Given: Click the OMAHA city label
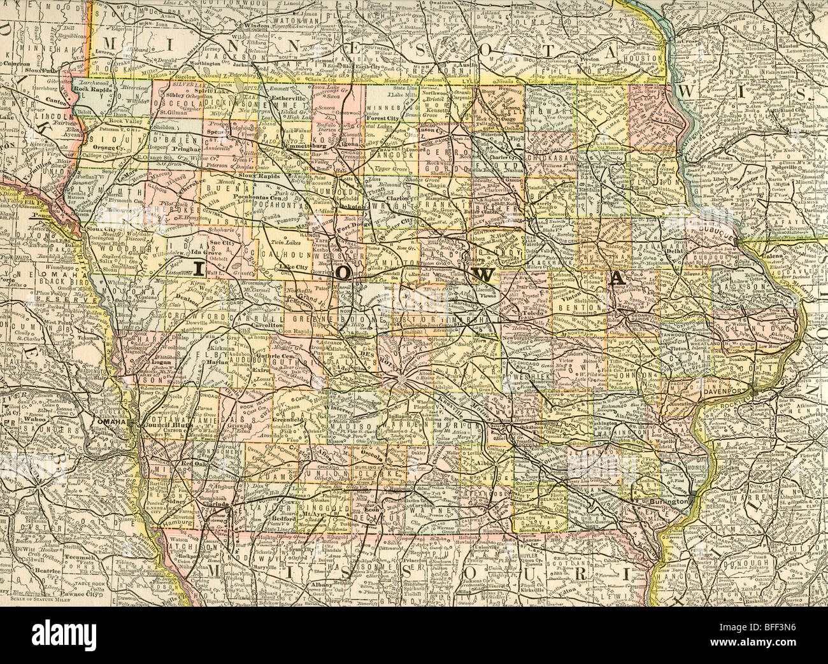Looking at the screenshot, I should click(104, 422).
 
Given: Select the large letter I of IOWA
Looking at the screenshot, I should click(198, 270).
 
